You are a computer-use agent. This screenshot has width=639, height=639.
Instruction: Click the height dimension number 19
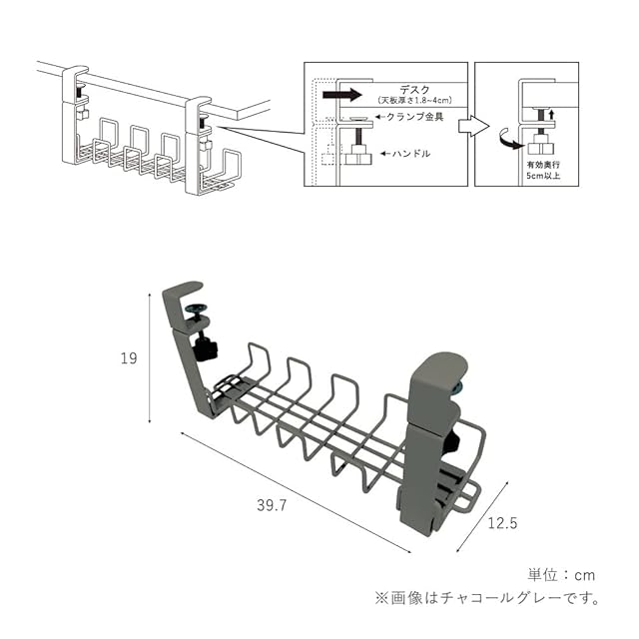coord(128,358)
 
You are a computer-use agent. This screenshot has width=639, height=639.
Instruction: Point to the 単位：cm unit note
coord(561,574)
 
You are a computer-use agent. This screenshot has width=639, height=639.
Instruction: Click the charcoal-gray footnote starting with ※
coord(488,599)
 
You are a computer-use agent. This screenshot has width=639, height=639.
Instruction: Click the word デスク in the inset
coord(408,90)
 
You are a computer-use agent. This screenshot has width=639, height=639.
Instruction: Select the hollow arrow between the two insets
coord(472,127)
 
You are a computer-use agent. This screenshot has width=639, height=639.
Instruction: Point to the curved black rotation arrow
coord(505,135)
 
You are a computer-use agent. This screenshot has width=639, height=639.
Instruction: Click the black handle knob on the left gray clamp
coord(207,348)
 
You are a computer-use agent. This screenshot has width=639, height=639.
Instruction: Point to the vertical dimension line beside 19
coord(150,356)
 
